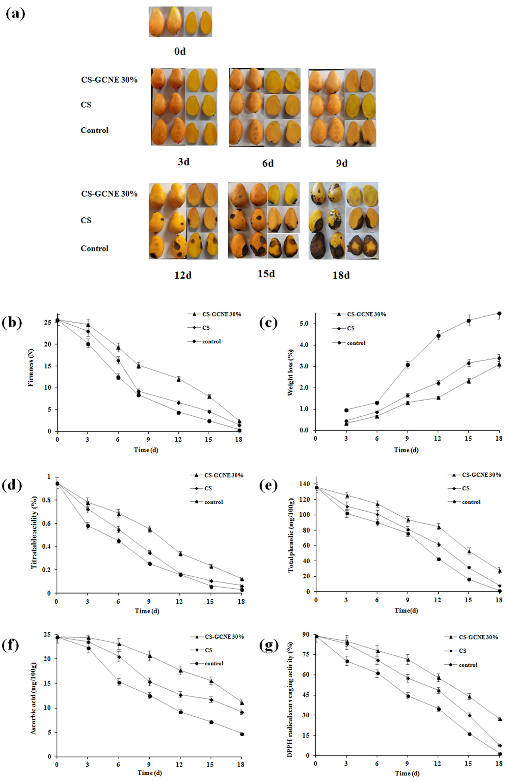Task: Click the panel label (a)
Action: pos(15,15)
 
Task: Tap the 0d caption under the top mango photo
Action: pos(180,52)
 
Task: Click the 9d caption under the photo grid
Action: pos(342,163)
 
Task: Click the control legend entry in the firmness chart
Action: pos(211,342)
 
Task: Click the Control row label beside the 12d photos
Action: pos(95,248)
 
